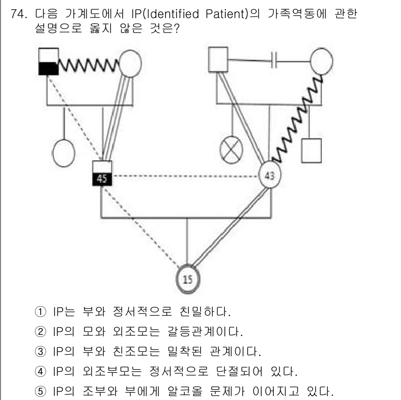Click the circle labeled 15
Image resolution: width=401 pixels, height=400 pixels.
point(188,278)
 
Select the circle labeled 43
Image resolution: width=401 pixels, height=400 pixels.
point(269,175)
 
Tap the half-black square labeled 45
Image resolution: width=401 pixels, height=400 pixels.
point(102,173)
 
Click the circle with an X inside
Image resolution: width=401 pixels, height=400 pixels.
point(233,150)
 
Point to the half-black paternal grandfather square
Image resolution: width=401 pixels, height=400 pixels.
point(49,62)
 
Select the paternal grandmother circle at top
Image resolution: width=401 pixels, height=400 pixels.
point(130,63)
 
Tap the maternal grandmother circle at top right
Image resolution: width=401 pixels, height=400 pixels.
point(321,61)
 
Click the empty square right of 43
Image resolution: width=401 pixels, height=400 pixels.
point(311,150)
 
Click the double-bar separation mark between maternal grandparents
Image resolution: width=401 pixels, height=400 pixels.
point(274,60)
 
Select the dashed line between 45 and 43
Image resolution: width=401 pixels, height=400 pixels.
point(184,175)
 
